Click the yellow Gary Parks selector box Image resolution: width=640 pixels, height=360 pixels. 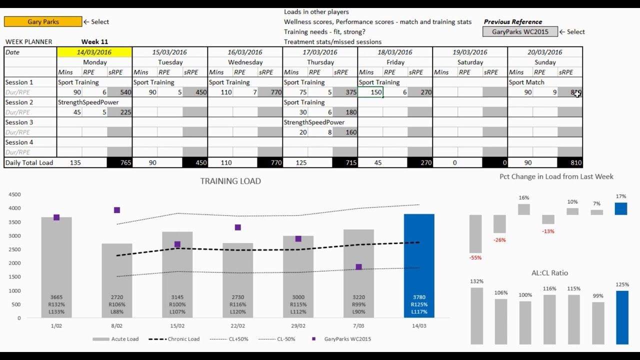pos(42,21)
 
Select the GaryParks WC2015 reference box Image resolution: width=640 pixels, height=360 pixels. pos(519,31)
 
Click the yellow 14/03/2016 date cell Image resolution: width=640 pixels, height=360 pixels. pos(94,52)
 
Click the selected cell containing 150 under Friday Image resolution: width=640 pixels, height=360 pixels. pos(370,92)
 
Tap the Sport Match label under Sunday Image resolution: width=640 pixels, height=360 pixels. pos(526,82)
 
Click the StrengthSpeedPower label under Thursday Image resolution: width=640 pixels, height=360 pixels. pos(314,122)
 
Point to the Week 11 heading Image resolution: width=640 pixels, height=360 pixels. pos(94,42)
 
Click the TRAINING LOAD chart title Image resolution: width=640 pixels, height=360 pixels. pos(230,181)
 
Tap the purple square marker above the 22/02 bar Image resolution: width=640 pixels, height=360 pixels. pos(238,227)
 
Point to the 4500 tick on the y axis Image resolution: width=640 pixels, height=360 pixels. pos(14,194)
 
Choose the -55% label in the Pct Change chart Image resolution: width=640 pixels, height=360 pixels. pos(475,258)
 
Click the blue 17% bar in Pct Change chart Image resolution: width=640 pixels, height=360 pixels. pos(621,208)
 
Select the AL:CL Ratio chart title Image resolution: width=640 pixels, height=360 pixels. pos(549,273)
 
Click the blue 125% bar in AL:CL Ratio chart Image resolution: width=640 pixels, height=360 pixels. pos(622,317)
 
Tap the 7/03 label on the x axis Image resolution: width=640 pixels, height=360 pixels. pos(358,325)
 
